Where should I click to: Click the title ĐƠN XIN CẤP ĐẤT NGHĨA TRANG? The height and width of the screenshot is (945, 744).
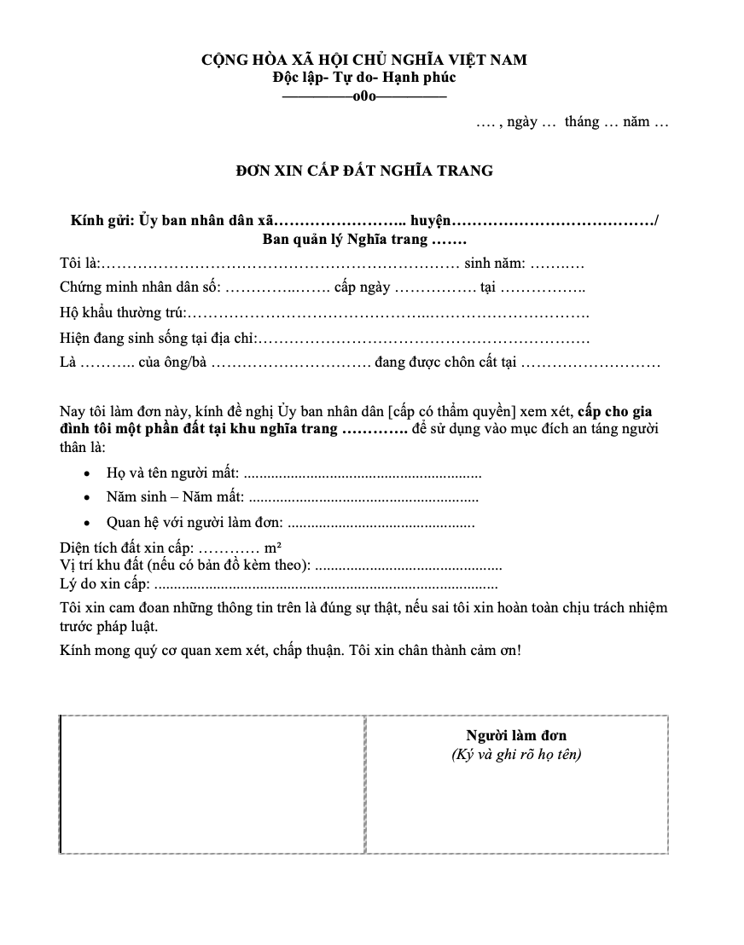(x=364, y=171)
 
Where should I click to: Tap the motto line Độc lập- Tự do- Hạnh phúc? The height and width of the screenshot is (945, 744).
(x=364, y=78)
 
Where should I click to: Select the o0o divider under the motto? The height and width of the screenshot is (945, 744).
(x=364, y=96)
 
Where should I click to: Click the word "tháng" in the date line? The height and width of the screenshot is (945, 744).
(x=582, y=122)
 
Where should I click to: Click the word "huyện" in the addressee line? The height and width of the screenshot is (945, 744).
(x=431, y=221)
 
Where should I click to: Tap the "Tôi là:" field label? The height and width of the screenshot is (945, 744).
(x=80, y=264)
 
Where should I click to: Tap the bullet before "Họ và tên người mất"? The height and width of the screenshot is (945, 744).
(x=89, y=472)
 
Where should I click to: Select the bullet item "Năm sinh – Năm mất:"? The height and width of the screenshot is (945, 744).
(x=175, y=497)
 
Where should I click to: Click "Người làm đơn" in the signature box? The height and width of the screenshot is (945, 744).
(x=516, y=735)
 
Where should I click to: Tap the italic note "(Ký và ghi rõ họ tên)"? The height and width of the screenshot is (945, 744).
(x=516, y=755)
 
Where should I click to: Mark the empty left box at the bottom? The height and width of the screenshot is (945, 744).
(x=212, y=784)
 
